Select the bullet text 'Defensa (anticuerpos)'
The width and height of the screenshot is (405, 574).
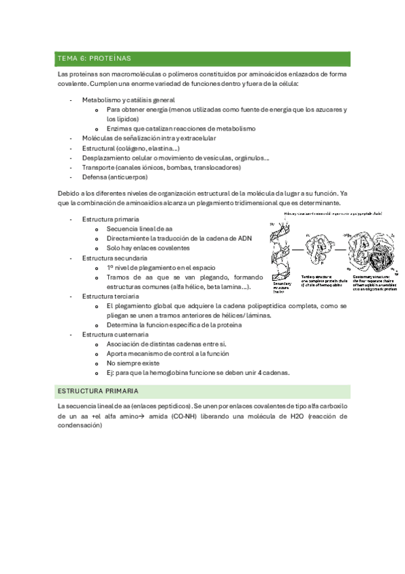coord(114,177)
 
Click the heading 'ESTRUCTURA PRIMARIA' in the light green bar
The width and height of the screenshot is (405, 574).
coord(98,391)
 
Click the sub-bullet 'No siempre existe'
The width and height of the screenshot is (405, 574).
coord(136,363)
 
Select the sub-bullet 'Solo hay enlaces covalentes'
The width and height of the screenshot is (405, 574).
coord(147,248)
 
